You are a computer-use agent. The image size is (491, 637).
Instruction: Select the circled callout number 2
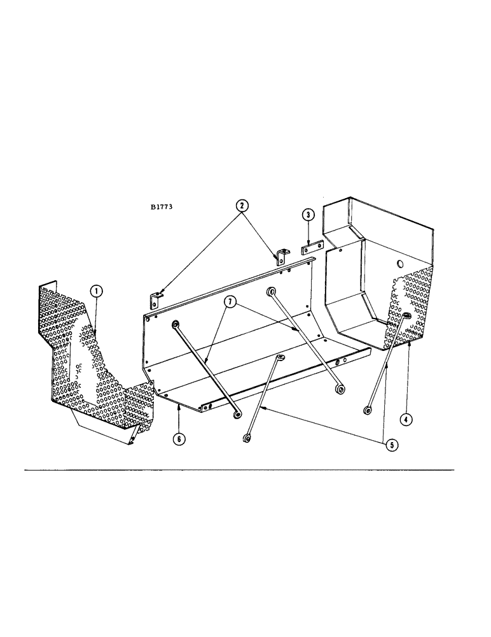pos(242,205)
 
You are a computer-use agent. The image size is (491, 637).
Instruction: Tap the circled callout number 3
pos(307,215)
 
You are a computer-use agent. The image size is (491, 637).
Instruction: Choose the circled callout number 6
pos(181,440)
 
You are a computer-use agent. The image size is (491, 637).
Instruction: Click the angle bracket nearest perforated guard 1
pos(156,297)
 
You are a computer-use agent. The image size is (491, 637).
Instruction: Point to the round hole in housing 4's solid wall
pos(399,263)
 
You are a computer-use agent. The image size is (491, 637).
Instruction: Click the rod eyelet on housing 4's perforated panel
pos(405,316)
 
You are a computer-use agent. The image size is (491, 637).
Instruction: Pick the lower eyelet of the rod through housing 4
pos(368,411)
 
